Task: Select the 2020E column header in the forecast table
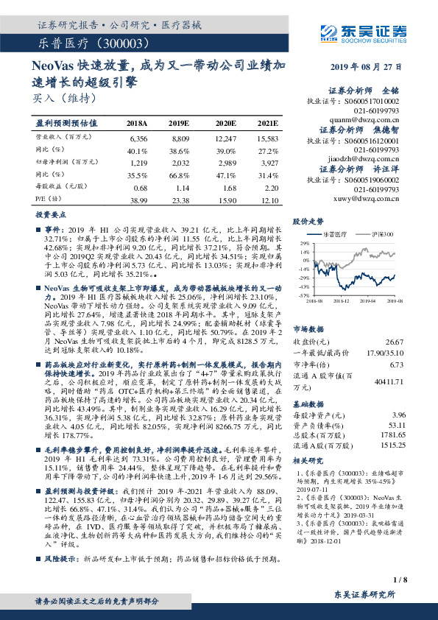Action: pos(225,123)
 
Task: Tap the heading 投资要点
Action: pos(52,213)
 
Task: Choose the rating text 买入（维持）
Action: pos(60,96)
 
